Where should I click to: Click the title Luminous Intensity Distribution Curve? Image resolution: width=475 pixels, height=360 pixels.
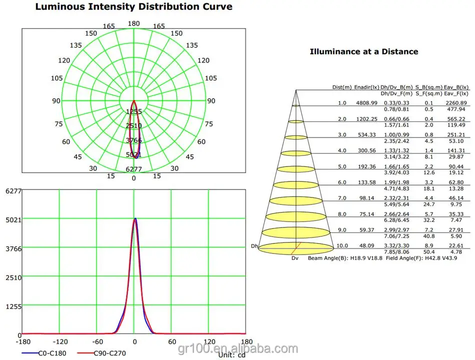(x=133, y=7)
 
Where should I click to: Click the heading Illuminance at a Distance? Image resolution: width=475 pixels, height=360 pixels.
(x=364, y=51)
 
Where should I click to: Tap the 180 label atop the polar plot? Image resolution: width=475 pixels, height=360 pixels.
(x=133, y=23)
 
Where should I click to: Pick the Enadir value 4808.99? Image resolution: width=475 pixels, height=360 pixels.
(x=367, y=103)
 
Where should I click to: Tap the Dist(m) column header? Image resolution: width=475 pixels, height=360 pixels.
(x=341, y=87)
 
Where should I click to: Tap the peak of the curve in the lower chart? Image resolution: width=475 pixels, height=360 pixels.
(x=134, y=218)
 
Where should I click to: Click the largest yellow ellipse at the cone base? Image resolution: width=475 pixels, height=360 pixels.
(x=296, y=247)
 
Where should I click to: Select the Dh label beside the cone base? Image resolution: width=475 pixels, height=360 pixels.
(x=254, y=246)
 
